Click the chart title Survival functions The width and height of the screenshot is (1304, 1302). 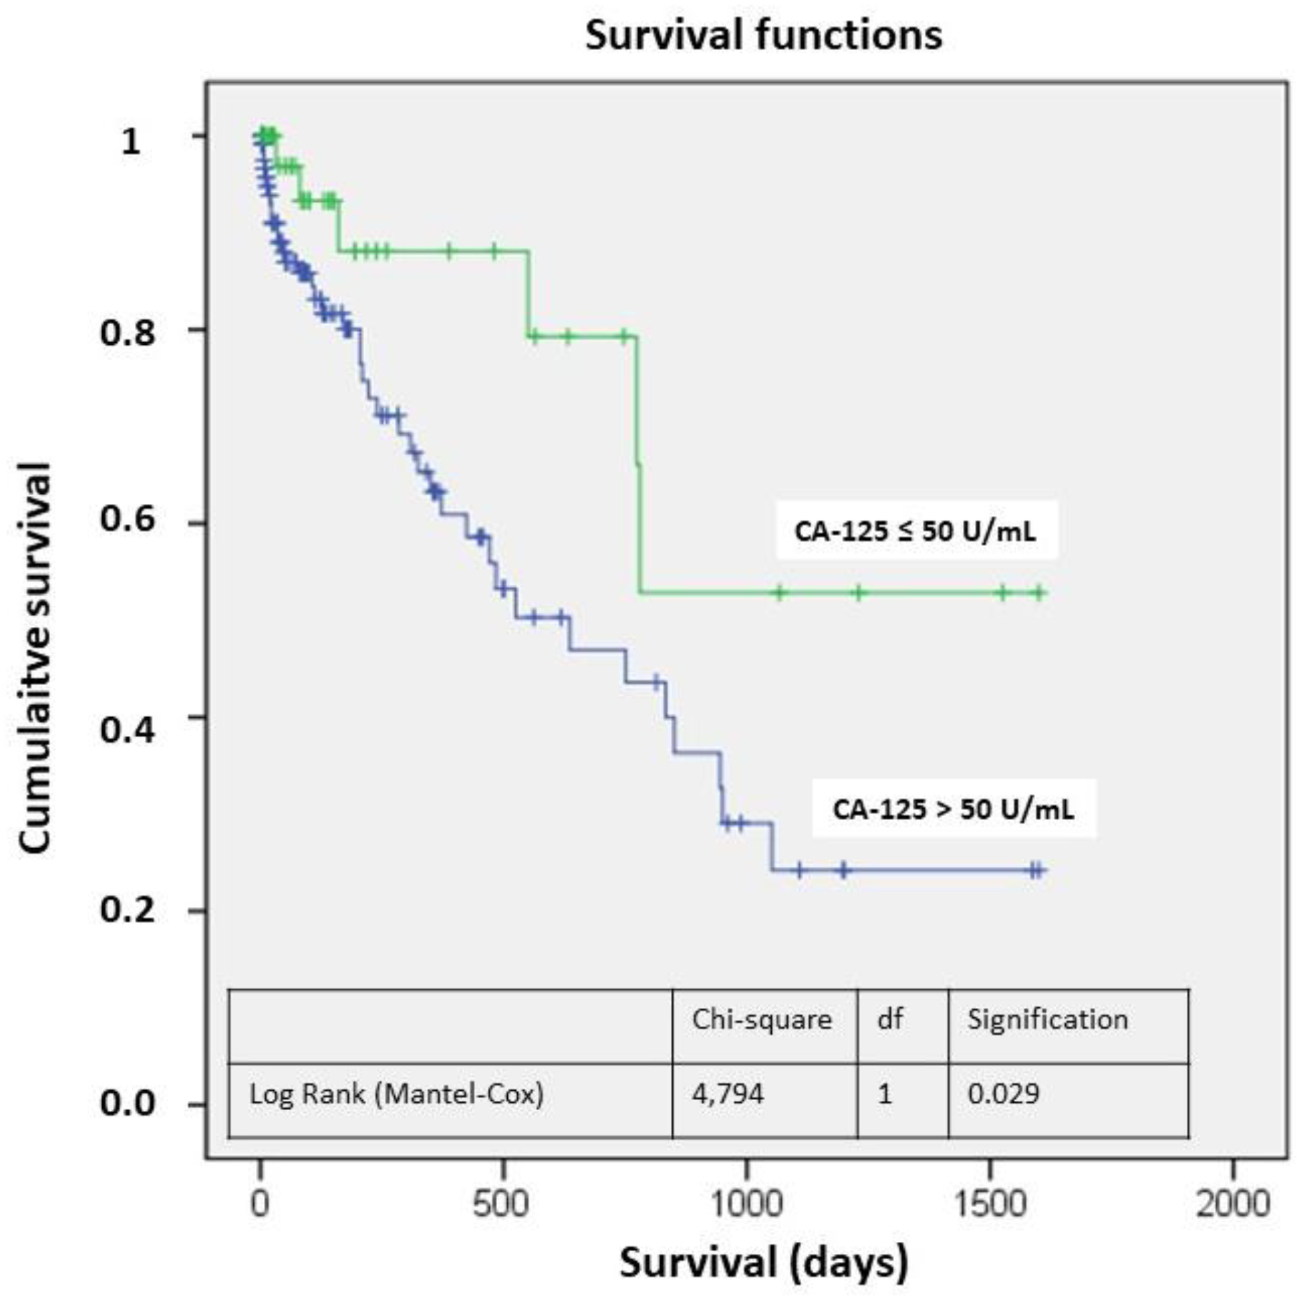pyautogui.click(x=763, y=35)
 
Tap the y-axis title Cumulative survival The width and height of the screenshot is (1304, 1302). pyautogui.click(x=35, y=658)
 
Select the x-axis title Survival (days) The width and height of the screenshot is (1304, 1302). pyautogui.click(x=764, y=1261)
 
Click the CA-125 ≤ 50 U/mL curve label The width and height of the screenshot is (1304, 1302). pyautogui.click(x=915, y=531)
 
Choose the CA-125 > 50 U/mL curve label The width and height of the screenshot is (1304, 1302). pyautogui.click(x=953, y=809)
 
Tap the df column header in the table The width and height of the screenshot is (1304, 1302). pyautogui.click(x=890, y=1019)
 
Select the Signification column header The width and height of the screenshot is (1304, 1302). pyautogui.click(x=1048, y=1019)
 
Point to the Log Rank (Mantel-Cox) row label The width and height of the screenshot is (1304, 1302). pyautogui.click(x=397, y=1093)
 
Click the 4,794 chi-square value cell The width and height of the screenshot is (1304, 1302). pyautogui.click(x=728, y=1093)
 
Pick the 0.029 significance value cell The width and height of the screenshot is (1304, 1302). pyautogui.click(x=1004, y=1093)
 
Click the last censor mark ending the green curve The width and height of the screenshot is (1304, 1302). pyautogui.click(x=1040, y=593)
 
